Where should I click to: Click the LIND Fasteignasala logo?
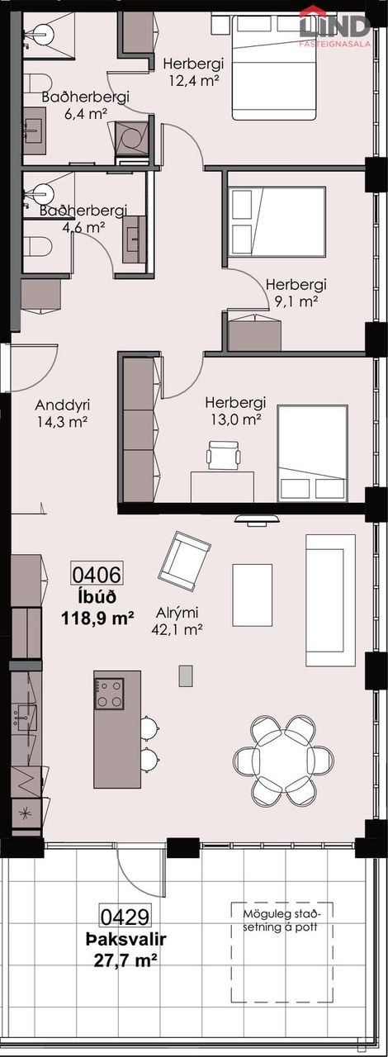[x=336, y=26]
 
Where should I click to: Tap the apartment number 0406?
[x=97, y=574]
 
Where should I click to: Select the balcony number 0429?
[x=125, y=917]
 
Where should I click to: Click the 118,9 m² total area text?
[x=97, y=618]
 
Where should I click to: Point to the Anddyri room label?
[x=63, y=405]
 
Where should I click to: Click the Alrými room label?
[x=177, y=613]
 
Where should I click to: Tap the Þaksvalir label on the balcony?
[x=125, y=940]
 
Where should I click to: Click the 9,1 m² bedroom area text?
[x=297, y=301]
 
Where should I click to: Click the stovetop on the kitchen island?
[x=110, y=694]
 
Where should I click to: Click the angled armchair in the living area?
[x=185, y=561]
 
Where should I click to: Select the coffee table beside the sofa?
[x=252, y=596]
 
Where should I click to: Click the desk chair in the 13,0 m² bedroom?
[x=223, y=455]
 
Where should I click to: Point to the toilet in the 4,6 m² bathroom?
[x=37, y=247]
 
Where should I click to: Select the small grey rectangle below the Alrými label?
[x=186, y=675]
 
